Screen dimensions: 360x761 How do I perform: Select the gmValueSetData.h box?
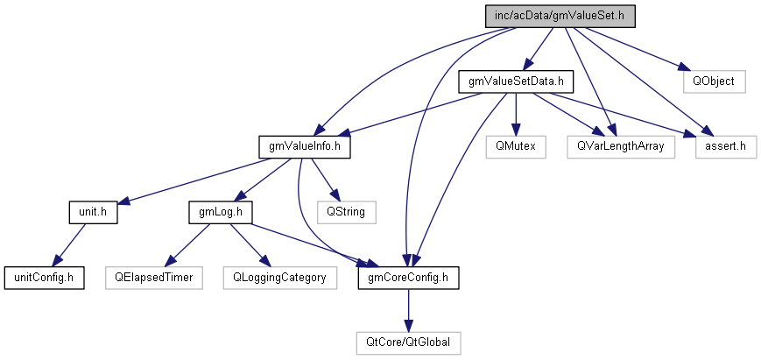click(515, 81)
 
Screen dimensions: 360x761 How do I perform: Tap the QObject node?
click(714, 81)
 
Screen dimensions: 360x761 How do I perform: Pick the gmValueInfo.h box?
click(305, 147)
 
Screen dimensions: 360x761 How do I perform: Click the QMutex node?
click(515, 147)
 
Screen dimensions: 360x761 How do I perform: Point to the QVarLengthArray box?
click(621, 147)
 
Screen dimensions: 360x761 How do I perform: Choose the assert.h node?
click(725, 147)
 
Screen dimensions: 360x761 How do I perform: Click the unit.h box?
click(92, 212)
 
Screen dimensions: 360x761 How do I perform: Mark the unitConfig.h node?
click(44, 278)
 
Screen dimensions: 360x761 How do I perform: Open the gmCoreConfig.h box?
click(408, 278)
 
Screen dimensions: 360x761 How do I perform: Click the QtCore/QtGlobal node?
click(408, 342)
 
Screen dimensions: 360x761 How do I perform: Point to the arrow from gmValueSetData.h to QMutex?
click(515, 114)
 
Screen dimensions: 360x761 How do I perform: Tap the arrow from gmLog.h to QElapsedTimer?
click(187, 244)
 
